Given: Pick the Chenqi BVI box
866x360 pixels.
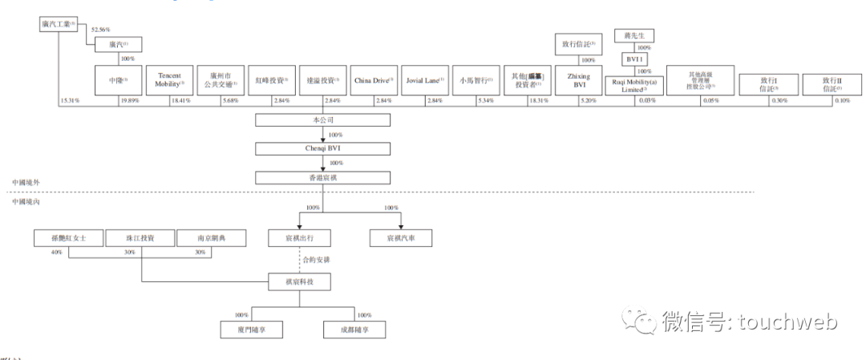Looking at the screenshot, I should click(x=322, y=148).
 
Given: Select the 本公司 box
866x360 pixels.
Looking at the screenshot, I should click(x=322, y=120).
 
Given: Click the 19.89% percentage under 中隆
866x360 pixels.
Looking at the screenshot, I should click(x=130, y=100).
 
